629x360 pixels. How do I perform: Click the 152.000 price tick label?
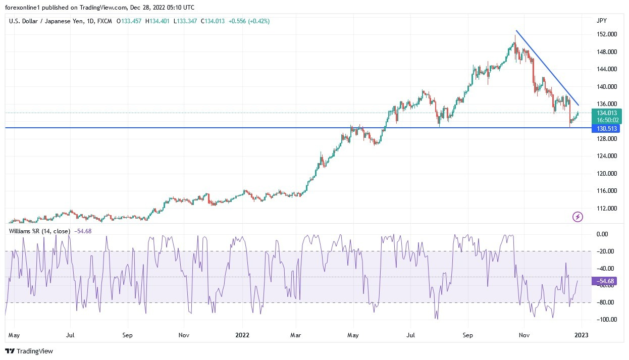606,34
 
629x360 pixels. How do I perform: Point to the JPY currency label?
601,21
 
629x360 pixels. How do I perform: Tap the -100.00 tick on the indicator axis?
606,320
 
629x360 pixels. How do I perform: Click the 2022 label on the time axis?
242,334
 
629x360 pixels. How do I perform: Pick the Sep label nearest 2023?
467,334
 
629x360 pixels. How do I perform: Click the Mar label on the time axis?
296,334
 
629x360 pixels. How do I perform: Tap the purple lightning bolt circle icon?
578,217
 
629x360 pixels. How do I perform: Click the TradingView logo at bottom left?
29,351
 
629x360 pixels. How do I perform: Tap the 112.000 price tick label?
606,209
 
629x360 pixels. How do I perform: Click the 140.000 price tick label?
606,87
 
